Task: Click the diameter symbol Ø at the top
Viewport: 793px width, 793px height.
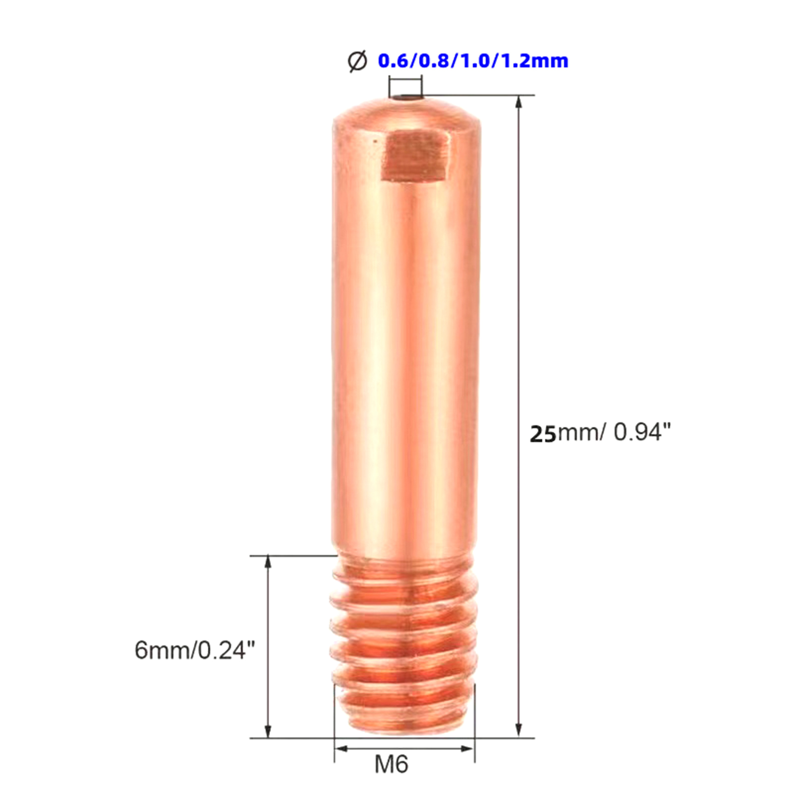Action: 357,61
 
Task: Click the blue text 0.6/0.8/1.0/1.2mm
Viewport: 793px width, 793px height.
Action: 473,61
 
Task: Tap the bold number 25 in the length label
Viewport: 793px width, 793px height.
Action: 543,434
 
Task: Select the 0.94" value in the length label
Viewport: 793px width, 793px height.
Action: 642,432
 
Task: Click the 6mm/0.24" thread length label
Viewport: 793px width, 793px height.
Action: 195,650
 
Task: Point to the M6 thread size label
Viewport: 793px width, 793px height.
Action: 392,764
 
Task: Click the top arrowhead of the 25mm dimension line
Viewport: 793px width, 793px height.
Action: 518,102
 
